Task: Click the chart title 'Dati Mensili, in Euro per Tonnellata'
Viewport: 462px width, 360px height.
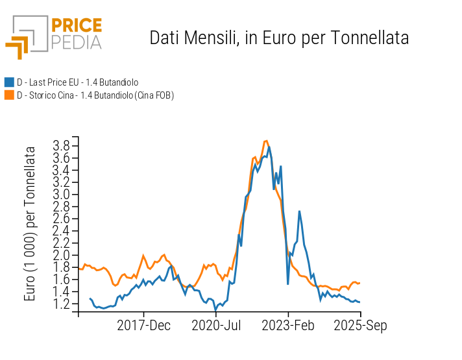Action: [x=279, y=38]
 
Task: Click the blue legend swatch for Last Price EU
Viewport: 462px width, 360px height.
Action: [x=9, y=82]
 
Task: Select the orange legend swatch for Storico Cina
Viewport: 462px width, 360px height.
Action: [x=9, y=95]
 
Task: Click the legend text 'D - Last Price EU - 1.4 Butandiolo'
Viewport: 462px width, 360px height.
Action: [x=77, y=82]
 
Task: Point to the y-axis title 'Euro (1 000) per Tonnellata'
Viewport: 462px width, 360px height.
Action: [x=30, y=224]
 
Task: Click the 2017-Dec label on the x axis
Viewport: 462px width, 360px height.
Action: [x=144, y=326]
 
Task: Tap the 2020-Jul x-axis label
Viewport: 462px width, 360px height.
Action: [x=216, y=326]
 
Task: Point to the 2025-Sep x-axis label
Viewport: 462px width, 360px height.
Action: [x=361, y=326]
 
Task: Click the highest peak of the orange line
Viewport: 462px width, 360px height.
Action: [x=266, y=140]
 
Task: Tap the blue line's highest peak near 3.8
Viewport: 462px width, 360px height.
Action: [x=269, y=147]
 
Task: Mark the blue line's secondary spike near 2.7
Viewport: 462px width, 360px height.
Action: [x=299, y=211]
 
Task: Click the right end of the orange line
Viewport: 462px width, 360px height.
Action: [x=359, y=283]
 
